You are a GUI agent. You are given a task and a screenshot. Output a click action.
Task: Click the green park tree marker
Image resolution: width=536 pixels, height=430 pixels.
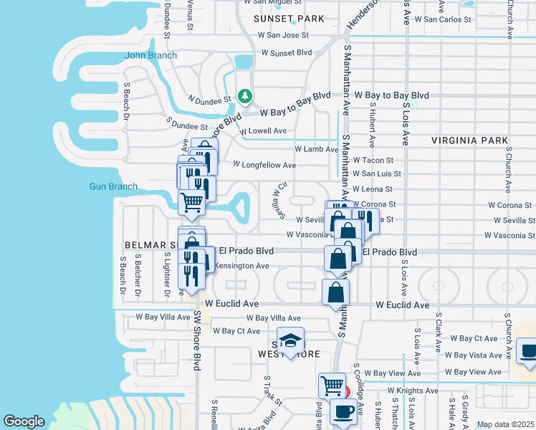point(245,95)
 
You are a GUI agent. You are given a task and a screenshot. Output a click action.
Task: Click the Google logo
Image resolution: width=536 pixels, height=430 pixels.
point(24,421)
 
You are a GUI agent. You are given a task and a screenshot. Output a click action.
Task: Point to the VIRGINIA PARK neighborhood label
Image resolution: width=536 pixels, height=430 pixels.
point(469,141)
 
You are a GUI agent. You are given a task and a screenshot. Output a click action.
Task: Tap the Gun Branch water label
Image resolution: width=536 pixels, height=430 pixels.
point(113,186)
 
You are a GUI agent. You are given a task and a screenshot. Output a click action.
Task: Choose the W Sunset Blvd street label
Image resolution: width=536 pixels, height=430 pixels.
point(287,52)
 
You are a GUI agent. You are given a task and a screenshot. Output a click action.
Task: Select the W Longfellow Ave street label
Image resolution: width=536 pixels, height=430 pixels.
point(264,165)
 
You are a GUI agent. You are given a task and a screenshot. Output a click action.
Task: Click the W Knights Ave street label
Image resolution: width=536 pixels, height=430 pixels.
point(413,391)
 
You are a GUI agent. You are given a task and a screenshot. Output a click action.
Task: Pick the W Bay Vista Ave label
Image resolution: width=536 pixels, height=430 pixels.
point(474,355)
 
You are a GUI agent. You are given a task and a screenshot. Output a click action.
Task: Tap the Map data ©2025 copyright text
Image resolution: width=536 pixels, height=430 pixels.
point(505,424)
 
